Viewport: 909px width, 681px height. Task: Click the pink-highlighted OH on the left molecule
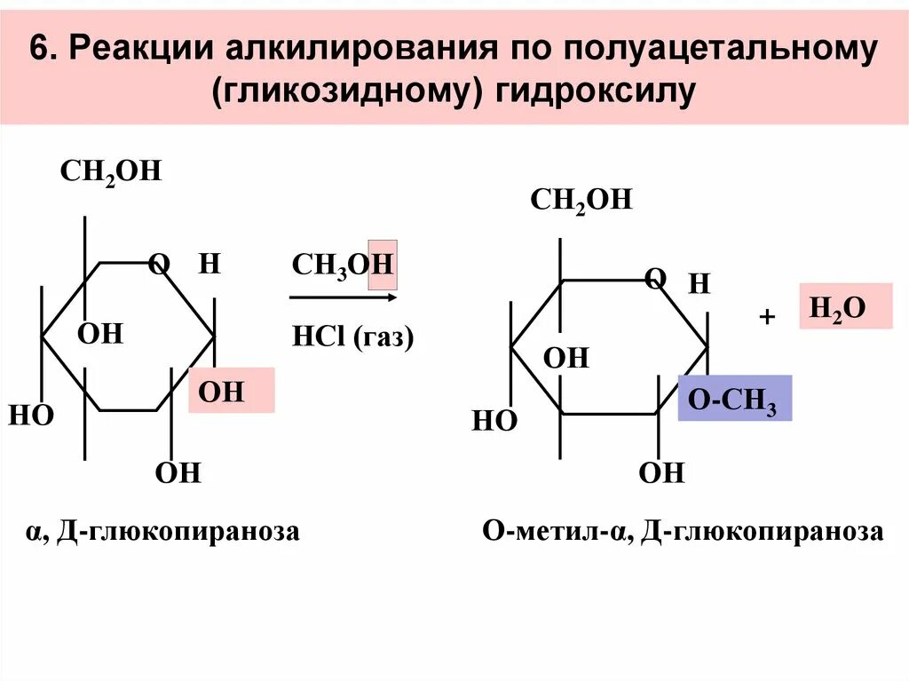click(x=221, y=392)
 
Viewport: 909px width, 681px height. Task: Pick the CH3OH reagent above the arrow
click(x=343, y=264)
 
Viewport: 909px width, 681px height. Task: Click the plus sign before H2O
click(x=768, y=317)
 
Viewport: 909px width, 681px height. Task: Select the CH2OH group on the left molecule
click(x=111, y=170)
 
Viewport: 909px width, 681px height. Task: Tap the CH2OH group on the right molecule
click(x=581, y=199)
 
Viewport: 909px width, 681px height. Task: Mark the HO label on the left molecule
click(x=31, y=415)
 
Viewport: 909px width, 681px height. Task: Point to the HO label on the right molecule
click(x=494, y=420)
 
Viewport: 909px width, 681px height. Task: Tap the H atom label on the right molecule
click(x=700, y=284)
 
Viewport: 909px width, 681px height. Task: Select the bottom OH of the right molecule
click(x=662, y=472)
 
